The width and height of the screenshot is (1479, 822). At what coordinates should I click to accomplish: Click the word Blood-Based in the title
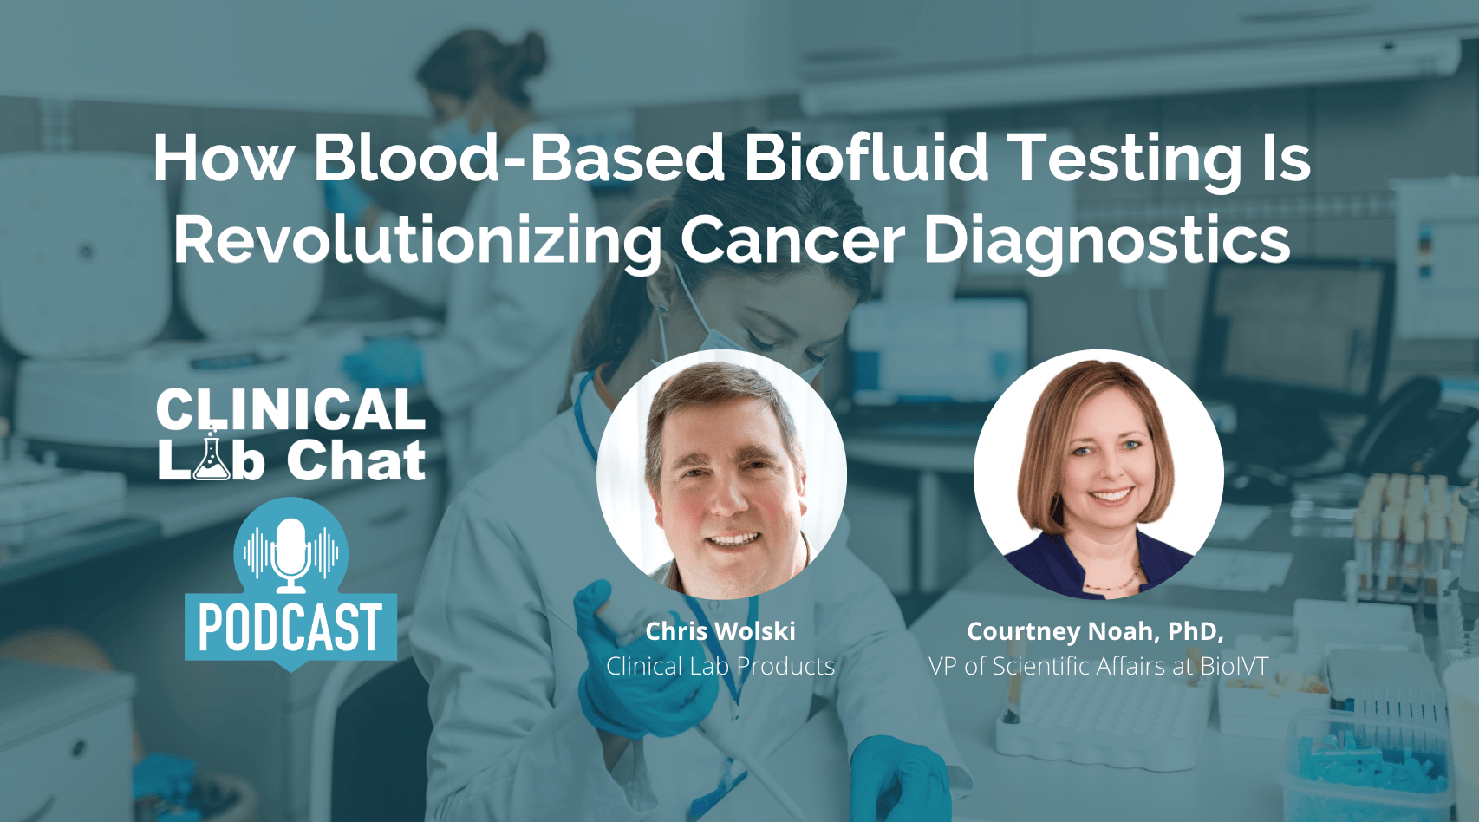pyautogui.click(x=518, y=158)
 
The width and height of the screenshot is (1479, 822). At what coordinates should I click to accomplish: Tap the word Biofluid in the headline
pyautogui.click(x=865, y=158)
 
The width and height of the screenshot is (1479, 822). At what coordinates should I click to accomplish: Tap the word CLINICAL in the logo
pyautogui.click(x=290, y=409)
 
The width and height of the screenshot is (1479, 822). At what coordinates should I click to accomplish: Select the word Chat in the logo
pyautogui.click(x=356, y=460)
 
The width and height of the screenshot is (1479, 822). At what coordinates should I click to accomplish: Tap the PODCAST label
pyautogui.click(x=290, y=627)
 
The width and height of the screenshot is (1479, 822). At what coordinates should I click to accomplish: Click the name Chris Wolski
pyautogui.click(x=720, y=631)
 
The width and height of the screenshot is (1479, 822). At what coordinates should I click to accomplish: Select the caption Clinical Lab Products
pyautogui.click(x=720, y=666)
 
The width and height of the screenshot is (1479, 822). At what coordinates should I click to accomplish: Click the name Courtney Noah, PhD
pyautogui.click(x=1095, y=631)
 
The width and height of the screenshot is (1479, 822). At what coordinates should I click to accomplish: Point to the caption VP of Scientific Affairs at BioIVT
pyautogui.click(x=1098, y=666)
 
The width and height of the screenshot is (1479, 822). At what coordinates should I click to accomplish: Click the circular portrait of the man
pyautogui.click(x=721, y=474)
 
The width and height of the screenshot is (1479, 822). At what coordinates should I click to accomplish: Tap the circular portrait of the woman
pyautogui.click(x=1098, y=474)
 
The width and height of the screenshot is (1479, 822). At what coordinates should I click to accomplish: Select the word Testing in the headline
pyautogui.click(x=1127, y=158)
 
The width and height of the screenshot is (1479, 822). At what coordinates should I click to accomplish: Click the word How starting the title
pyautogui.click(x=224, y=158)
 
